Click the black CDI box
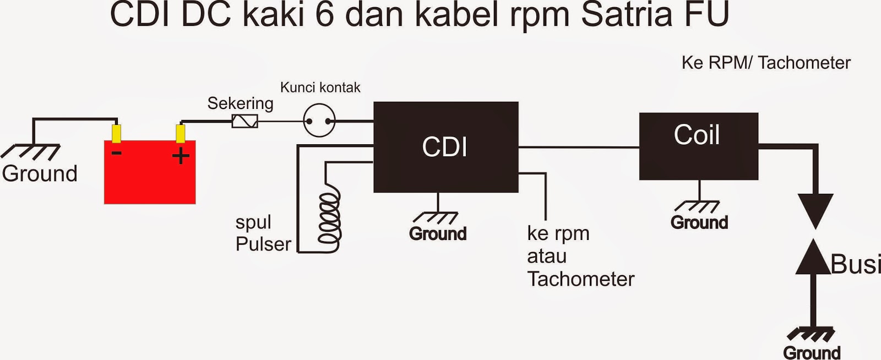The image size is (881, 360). [445, 147]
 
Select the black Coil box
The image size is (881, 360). [698, 146]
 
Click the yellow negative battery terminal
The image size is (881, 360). [116, 134]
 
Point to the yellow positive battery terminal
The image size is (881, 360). [180, 134]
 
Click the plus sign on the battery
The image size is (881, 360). [181, 156]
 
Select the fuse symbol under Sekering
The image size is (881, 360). [244, 121]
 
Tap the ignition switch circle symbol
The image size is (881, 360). [319, 121]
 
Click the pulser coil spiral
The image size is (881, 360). [329, 217]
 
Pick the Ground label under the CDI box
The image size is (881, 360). [438, 234]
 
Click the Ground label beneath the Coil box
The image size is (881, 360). [699, 222]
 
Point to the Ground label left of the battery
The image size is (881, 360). [40, 173]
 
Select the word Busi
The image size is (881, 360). [855, 264]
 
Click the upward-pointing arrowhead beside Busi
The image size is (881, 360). [813, 258]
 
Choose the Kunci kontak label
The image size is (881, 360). [320, 88]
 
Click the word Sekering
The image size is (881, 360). [240, 103]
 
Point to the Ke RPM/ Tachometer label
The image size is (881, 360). [765, 63]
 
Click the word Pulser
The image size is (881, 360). [263, 244]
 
